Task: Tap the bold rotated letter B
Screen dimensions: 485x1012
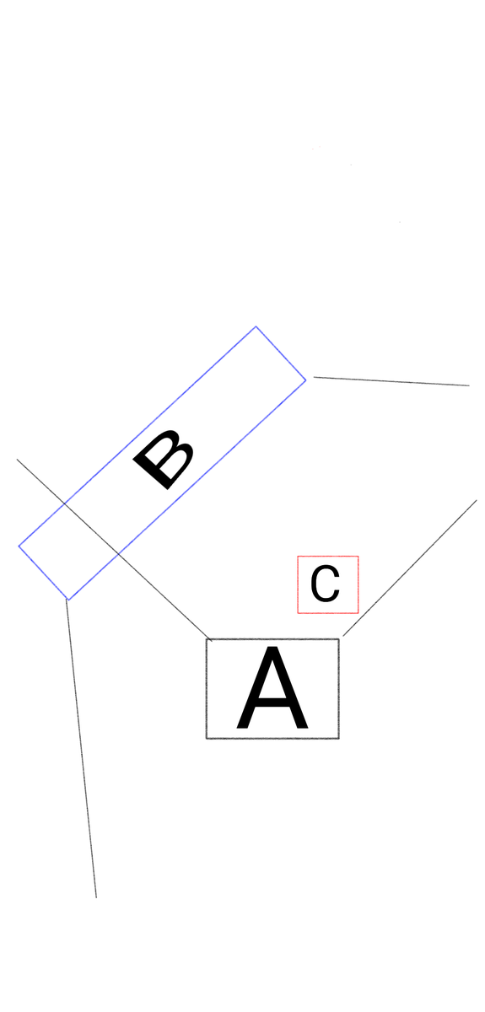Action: coord(164,460)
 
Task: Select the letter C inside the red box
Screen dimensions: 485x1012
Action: coord(325,584)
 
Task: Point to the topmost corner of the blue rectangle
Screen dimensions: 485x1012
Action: coord(256,326)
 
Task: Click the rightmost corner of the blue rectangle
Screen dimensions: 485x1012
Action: coord(306,380)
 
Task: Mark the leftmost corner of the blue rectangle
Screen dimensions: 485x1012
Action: coord(19,546)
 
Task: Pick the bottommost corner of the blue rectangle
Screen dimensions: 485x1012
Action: coord(68,600)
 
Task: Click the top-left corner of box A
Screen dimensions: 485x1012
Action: coord(207,639)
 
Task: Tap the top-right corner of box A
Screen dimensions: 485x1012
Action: coord(339,639)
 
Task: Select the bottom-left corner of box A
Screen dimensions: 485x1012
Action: coord(207,739)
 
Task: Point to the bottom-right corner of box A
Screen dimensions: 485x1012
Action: coord(339,739)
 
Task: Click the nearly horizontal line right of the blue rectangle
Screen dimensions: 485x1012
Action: coord(391,381)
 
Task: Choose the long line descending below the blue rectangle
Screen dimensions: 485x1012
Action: coord(81,748)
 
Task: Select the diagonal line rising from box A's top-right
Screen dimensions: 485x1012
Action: coord(410,568)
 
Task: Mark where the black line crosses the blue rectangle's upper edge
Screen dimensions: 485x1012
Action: coord(66,503)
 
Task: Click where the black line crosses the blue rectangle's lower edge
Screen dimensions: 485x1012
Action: coord(118,553)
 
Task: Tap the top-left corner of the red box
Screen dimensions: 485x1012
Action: coord(298,556)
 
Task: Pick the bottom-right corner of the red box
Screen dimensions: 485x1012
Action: coord(358,613)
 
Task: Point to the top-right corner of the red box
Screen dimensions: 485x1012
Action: coord(358,556)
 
